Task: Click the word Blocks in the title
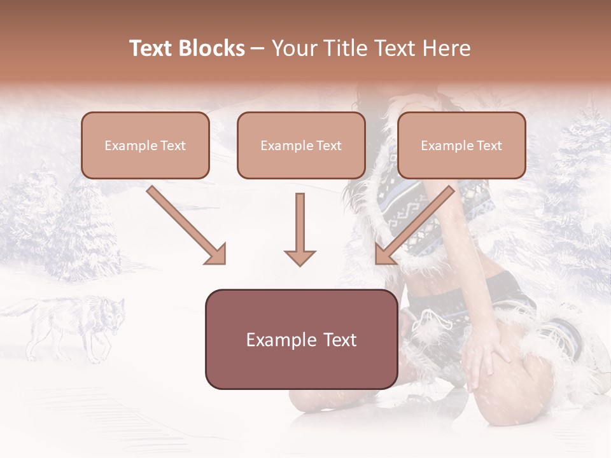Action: (213, 48)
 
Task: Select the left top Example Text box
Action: (145, 145)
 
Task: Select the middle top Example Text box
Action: (301, 145)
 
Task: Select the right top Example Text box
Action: (461, 145)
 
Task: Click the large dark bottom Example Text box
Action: (301, 339)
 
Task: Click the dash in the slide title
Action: (258, 48)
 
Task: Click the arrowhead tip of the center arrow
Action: (300, 263)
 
